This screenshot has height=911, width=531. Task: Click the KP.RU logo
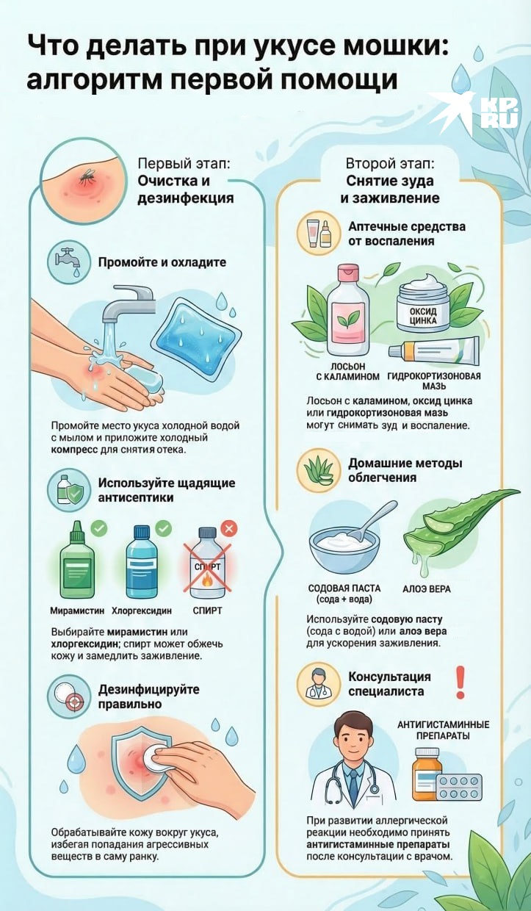pos(473,113)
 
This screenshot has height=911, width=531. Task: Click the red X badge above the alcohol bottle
pos(229,529)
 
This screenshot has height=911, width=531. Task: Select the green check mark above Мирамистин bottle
pos(99,528)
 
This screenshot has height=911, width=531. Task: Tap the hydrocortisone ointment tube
pos(433,352)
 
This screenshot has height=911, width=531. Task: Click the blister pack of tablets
pos(459,787)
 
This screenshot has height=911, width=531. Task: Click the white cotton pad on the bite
pos(155,757)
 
